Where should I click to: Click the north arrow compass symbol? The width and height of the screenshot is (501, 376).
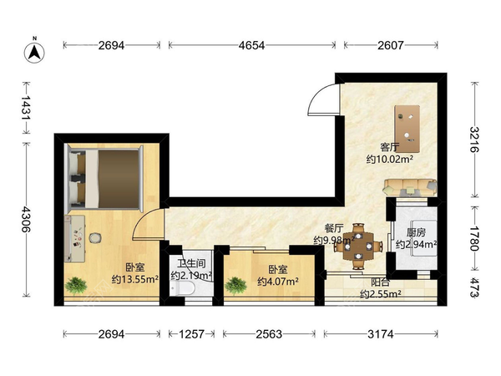(34, 51)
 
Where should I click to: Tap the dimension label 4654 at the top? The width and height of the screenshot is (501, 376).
(251, 45)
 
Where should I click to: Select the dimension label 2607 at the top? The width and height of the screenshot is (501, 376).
(391, 45)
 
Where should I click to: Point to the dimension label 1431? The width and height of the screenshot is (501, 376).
(26, 108)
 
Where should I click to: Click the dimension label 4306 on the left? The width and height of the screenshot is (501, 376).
(26, 219)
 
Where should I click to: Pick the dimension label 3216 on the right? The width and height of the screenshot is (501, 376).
(474, 140)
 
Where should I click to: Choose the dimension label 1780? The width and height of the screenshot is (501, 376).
(474, 239)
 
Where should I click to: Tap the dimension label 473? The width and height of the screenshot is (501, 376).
(474, 287)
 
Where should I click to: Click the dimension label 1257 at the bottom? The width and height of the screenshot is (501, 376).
(191, 334)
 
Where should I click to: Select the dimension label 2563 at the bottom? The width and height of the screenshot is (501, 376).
(269, 334)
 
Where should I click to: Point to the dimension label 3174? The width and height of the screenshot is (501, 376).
(381, 334)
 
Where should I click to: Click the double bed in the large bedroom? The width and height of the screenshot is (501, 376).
(104, 179)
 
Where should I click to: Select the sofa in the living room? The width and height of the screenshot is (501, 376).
(410, 187)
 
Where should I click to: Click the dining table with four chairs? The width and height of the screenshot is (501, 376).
(358, 246)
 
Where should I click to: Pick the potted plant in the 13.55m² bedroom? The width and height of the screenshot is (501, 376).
(76, 285)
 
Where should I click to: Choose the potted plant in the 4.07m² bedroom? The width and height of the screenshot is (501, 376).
(235, 285)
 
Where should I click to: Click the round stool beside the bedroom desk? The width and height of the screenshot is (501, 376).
(95, 238)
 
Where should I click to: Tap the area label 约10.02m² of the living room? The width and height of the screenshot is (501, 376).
(389, 159)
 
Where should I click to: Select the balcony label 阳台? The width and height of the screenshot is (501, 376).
(380, 282)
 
